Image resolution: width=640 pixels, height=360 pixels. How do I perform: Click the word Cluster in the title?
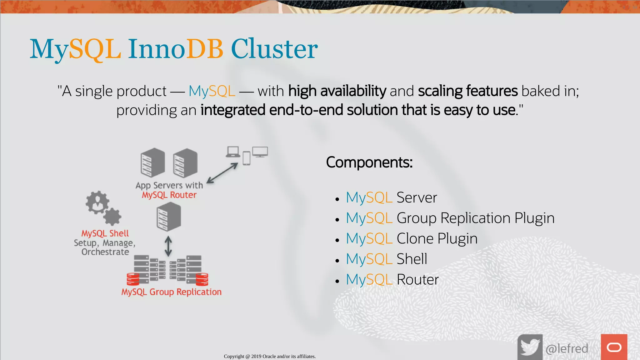(x=274, y=49)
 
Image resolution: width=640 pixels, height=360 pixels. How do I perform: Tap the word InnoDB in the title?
(x=175, y=49)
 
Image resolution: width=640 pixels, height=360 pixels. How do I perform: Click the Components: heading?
(x=369, y=162)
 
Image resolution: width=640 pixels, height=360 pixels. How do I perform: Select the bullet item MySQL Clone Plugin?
(x=412, y=238)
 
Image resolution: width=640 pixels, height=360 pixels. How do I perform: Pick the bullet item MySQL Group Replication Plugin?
(x=450, y=218)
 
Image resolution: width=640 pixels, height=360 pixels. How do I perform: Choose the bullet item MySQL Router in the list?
(x=392, y=279)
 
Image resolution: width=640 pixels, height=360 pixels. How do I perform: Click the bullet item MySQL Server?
(x=391, y=197)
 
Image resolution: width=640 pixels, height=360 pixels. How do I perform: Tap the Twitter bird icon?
(x=530, y=347)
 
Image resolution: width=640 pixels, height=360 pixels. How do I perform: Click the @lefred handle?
(x=567, y=348)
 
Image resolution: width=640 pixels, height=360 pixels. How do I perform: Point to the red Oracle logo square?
(x=614, y=347)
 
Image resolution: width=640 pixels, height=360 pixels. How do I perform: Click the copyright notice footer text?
(x=270, y=356)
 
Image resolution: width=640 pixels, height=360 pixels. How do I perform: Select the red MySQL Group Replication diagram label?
(x=171, y=292)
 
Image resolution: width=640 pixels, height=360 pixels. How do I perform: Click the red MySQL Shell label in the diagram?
(x=105, y=233)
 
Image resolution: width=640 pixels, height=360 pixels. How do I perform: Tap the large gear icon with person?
(x=97, y=202)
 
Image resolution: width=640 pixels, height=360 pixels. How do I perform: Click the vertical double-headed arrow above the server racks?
(x=168, y=246)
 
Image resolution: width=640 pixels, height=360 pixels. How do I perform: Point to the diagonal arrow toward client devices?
(x=222, y=173)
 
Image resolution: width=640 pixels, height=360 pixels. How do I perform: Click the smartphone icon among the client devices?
(x=247, y=158)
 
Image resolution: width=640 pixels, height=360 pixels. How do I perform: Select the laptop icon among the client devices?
(x=233, y=152)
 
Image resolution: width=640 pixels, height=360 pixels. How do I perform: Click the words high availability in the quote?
(x=337, y=91)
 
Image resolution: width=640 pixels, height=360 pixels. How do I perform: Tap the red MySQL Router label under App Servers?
(x=169, y=195)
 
